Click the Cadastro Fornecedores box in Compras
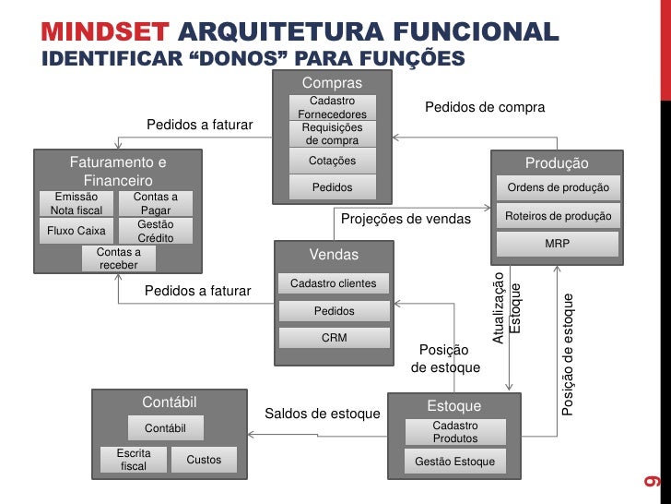332,107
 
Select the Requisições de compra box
332,134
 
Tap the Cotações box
332,162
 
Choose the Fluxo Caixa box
77,231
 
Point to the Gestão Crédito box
156,231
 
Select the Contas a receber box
118,258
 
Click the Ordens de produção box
558,188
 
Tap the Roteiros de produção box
558,216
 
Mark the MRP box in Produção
558,244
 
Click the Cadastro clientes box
333,283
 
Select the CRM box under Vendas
334,338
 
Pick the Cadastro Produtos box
455,432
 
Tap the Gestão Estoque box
455,462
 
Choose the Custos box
204,460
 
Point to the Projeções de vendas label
406,220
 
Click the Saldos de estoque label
323,414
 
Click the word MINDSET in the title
105,35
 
